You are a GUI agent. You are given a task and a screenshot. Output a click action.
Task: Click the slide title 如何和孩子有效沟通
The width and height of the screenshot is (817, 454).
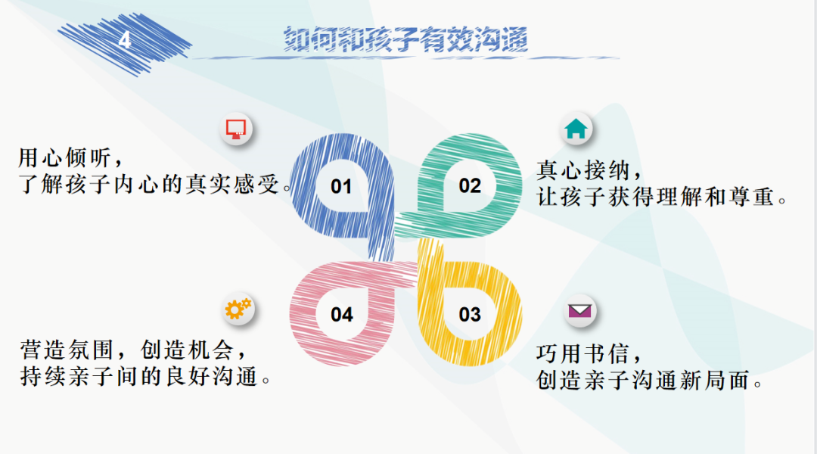point(406,40)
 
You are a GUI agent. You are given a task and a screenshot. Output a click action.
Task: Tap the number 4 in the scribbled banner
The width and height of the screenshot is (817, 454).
point(125,40)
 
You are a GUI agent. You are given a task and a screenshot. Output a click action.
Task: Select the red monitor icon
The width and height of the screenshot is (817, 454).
point(238,129)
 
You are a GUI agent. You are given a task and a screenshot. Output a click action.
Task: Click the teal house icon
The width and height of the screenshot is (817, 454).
point(576,129)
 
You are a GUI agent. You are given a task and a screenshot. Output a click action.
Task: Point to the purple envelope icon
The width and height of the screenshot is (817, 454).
point(580,310)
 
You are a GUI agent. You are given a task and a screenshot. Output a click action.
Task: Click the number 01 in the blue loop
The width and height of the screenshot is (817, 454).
point(342,186)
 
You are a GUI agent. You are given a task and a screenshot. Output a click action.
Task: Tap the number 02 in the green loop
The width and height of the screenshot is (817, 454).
point(470,185)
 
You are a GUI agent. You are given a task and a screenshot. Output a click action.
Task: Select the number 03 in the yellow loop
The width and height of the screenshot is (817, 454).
point(470,314)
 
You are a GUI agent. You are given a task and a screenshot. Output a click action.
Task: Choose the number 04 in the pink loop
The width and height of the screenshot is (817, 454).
point(342,314)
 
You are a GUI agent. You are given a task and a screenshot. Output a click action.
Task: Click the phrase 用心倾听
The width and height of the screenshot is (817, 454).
point(64,158)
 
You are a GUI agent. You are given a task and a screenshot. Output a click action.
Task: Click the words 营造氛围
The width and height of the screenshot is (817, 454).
point(64,350)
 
